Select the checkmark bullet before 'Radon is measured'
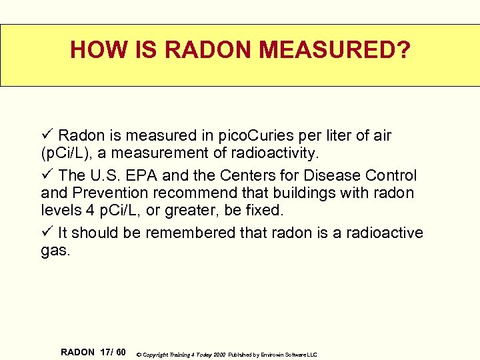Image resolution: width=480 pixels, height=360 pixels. click(x=47, y=136)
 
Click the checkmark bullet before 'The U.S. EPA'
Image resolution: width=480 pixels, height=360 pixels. click(x=47, y=175)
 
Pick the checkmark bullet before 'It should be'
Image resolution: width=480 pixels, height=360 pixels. click(x=47, y=233)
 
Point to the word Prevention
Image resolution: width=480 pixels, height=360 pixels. click(x=107, y=193)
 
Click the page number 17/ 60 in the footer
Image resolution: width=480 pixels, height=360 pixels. click(x=112, y=352)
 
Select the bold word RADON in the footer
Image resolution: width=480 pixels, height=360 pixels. click(x=77, y=352)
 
